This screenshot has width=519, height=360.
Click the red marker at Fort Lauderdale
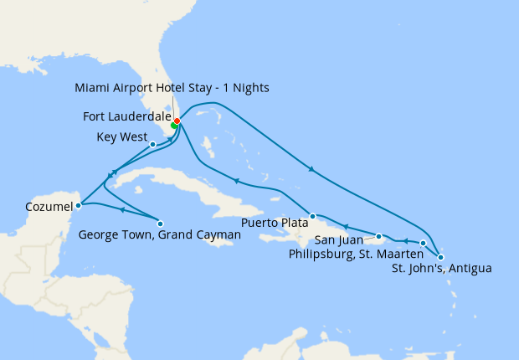pyautogui.click(x=177, y=121)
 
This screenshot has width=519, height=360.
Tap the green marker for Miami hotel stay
pyautogui.click(x=173, y=126)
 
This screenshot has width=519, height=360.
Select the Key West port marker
pyautogui.click(x=152, y=144)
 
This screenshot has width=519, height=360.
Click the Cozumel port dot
pyautogui.click(x=78, y=203)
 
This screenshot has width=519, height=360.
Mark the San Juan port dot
pyautogui.click(x=379, y=236)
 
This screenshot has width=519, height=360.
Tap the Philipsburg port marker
pyautogui.click(x=423, y=243)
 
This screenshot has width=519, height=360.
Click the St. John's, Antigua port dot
pyautogui.click(x=441, y=257)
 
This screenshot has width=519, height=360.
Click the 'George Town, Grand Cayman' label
pyautogui.click(x=158, y=236)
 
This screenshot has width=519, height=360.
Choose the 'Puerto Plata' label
pyautogui.click(x=275, y=224)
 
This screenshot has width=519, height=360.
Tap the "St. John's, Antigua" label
pyautogui.click(x=441, y=269)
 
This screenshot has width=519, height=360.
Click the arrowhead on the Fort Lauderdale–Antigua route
pyautogui.click(x=311, y=170)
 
